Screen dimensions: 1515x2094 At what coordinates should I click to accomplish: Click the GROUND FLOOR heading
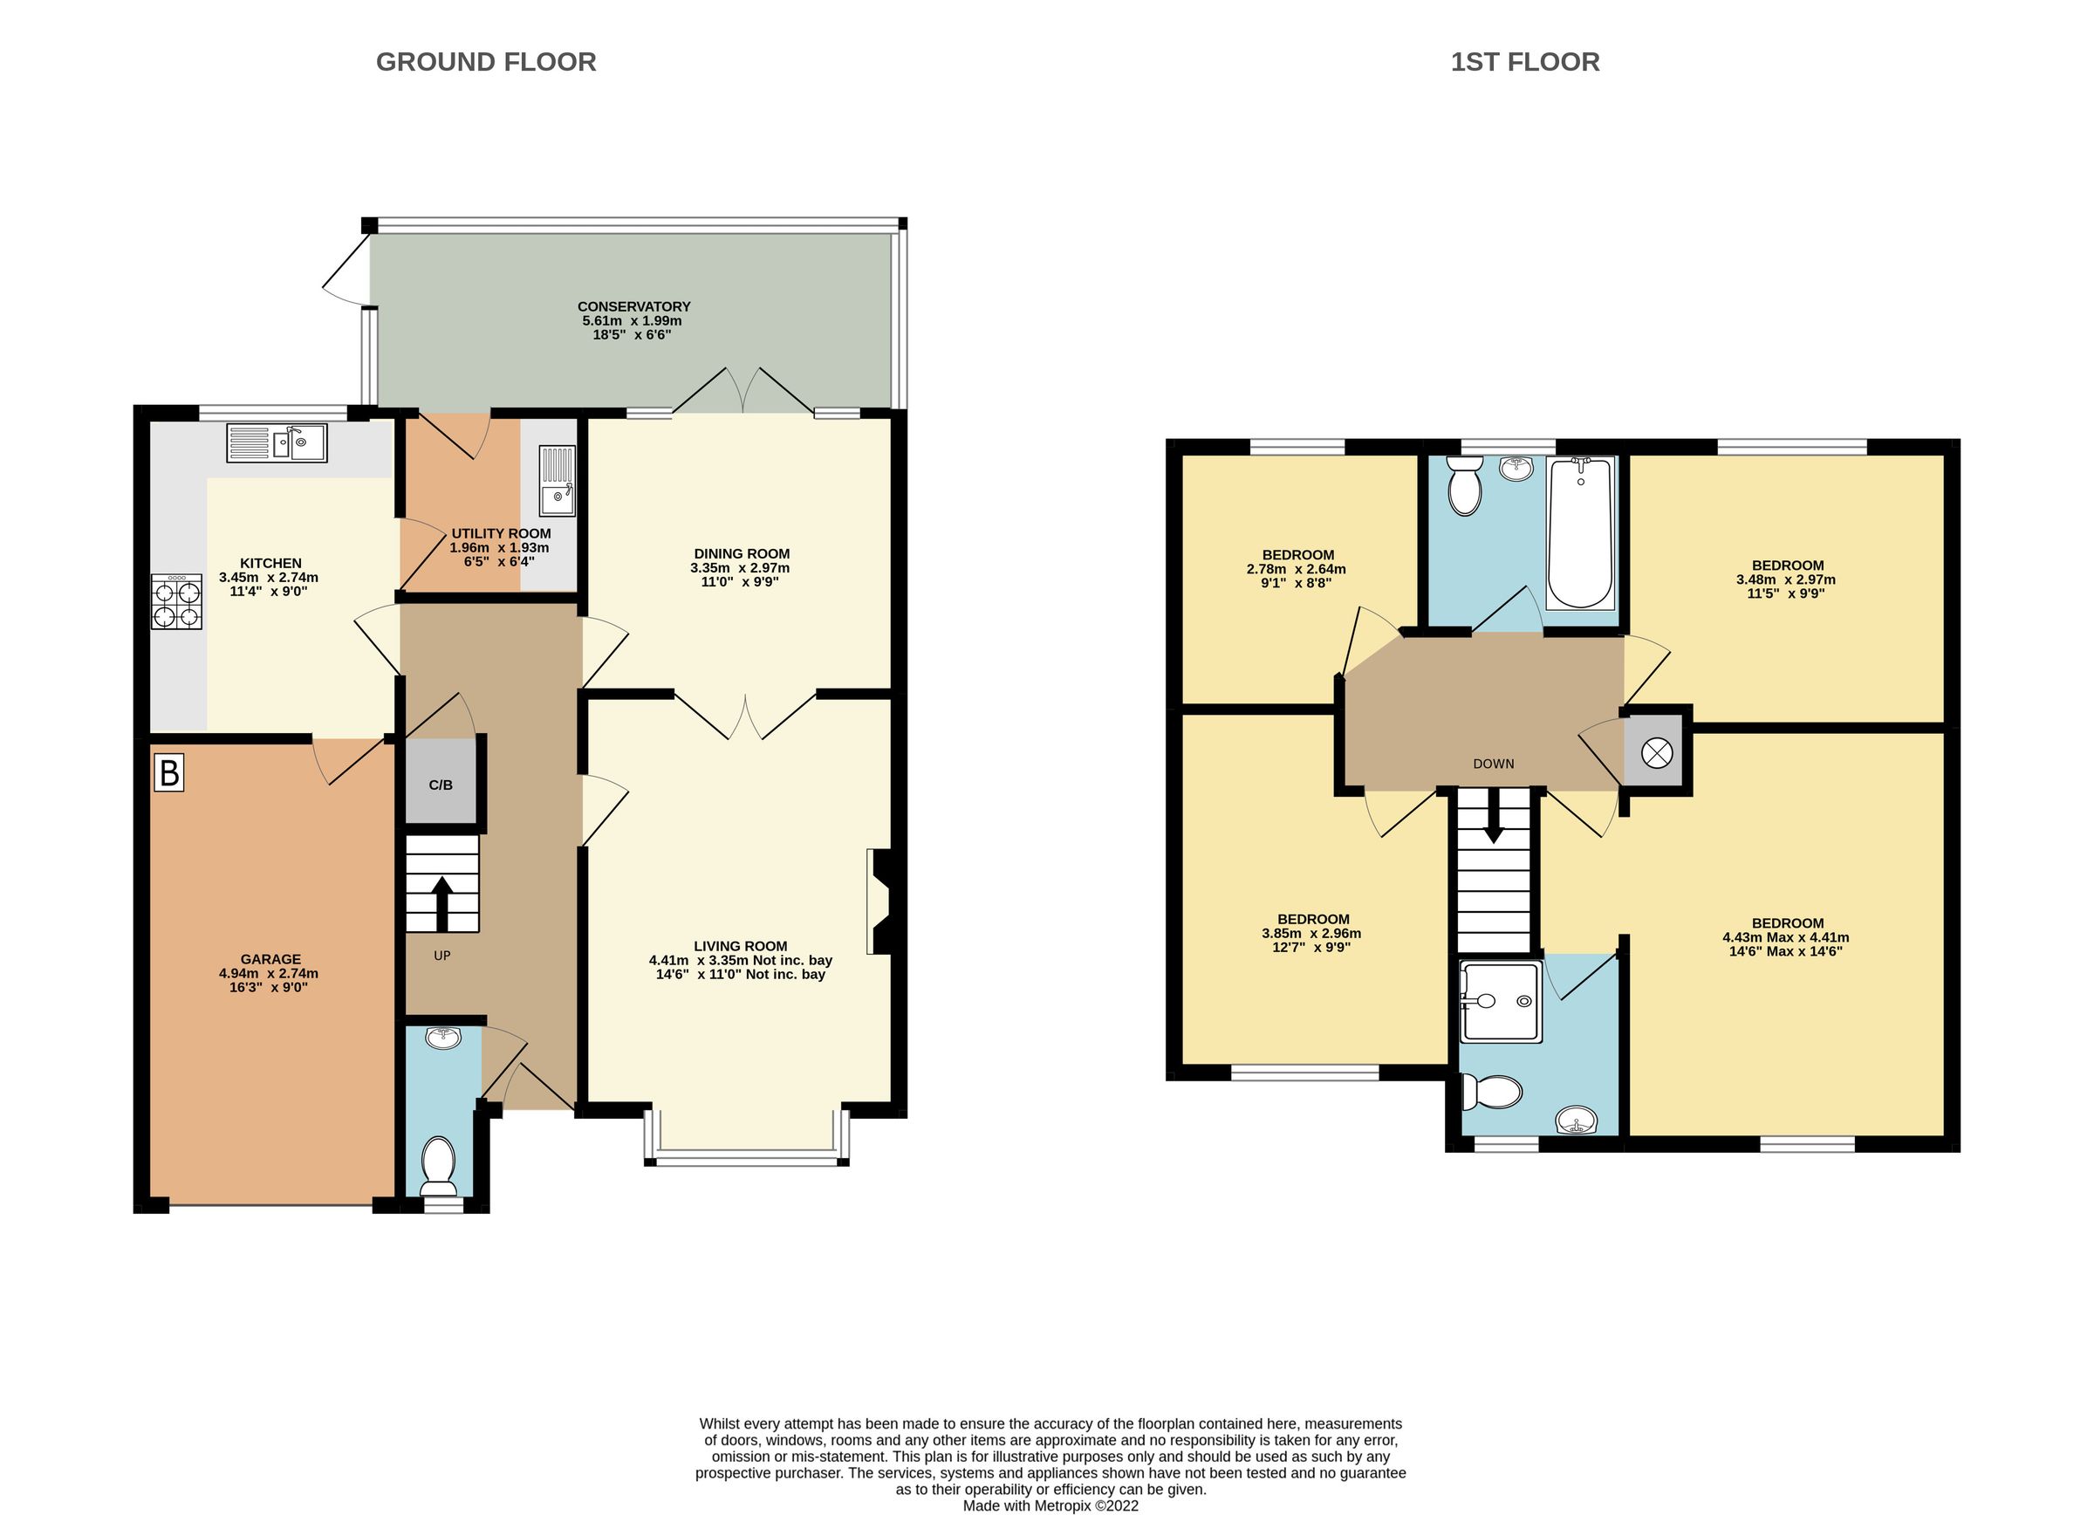tap(486, 62)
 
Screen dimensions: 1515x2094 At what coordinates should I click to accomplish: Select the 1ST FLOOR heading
tap(1524, 62)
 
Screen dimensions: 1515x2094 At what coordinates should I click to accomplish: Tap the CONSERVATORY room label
tap(633, 306)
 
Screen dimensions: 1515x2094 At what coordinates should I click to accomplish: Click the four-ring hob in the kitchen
tap(176, 603)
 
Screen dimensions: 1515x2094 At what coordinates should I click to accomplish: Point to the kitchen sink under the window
tap(276, 443)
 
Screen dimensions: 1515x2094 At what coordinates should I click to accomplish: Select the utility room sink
tap(557, 480)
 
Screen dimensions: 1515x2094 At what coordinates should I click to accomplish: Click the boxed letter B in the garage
tap(169, 772)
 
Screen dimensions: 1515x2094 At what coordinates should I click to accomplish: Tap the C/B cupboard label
tap(441, 785)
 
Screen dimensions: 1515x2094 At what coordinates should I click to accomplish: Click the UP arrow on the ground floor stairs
tap(441, 901)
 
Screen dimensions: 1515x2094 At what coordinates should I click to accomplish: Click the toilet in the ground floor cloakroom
tap(438, 1166)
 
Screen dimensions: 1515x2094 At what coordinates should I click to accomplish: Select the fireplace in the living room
tap(879, 901)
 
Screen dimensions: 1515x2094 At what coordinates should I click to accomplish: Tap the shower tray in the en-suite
tap(1501, 1002)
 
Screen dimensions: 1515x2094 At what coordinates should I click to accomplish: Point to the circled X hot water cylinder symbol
tap(1656, 753)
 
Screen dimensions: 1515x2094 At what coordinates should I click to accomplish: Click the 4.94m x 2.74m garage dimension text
tap(269, 973)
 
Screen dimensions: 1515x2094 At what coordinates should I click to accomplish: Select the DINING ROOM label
tap(742, 554)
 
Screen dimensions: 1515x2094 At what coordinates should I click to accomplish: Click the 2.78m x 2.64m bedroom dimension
tap(1296, 569)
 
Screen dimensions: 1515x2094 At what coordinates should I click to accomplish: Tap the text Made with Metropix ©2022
tap(1050, 1505)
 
